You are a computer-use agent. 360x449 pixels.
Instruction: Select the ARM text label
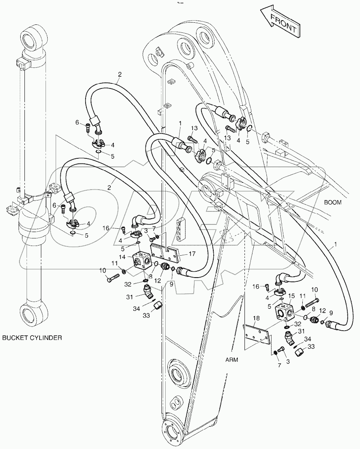231,359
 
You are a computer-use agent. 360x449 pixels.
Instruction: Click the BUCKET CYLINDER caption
32,337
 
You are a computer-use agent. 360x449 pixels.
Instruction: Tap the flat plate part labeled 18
257,337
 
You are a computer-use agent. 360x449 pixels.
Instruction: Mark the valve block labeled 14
142,262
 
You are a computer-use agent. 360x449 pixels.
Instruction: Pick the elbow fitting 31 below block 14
147,290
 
